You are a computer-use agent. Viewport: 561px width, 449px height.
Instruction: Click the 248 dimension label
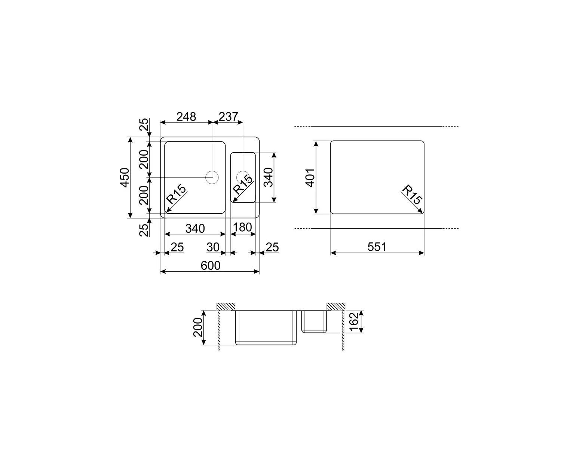pyautogui.click(x=186, y=117)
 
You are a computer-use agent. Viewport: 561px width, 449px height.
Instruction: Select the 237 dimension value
pyautogui.click(x=229, y=117)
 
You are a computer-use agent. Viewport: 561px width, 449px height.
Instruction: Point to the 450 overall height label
pyautogui.click(x=125, y=177)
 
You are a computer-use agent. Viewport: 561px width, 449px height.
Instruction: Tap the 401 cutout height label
pyautogui.click(x=310, y=178)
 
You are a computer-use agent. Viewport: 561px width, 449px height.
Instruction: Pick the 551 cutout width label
pyautogui.click(x=377, y=247)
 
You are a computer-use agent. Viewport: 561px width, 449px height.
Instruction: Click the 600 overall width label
pyautogui.click(x=211, y=266)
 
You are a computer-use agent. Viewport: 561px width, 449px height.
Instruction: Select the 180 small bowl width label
pyautogui.click(x=242, y=227)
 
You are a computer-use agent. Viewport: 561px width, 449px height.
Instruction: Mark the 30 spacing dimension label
pyautogui.click(x=213, y=247)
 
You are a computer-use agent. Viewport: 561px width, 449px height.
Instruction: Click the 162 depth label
pyautogui.click(x=354, y=322)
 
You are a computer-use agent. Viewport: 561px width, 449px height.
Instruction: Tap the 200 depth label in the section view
pyautogui.click(x=198, y=327)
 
